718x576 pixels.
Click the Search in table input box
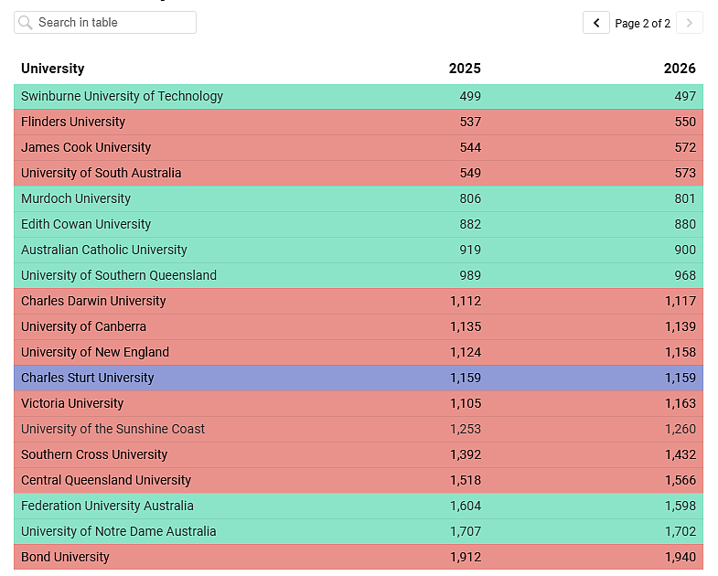105,23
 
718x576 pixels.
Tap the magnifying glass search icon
26,23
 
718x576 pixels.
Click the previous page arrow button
596,23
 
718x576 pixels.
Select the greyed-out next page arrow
689,23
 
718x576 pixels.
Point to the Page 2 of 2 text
642,24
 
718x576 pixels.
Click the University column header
53,69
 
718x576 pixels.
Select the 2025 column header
465,69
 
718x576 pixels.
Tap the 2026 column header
680,69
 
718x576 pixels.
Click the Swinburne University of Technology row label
122,96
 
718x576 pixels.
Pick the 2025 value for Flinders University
470,122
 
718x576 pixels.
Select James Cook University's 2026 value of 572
685,147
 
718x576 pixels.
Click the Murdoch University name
76,198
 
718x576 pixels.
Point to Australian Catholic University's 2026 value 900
685,250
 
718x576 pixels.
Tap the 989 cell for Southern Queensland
470,275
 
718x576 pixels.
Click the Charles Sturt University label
88,378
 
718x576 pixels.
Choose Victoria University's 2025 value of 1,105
466,403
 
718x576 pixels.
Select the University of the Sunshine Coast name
113,429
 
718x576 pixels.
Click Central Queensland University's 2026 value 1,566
680,480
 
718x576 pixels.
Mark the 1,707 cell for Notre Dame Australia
466,531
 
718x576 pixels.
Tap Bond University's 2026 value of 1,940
680,557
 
